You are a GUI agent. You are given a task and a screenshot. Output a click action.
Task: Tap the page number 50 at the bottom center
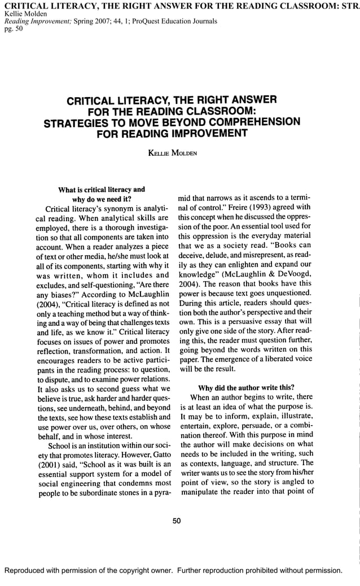[x=176, y=521]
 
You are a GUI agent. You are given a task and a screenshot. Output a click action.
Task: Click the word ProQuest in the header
[x=164, y=21]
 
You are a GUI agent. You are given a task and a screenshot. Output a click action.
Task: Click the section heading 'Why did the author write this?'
[x=245, y=387]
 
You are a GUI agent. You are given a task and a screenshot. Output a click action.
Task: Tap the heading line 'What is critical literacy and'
[x=102, y=189]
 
